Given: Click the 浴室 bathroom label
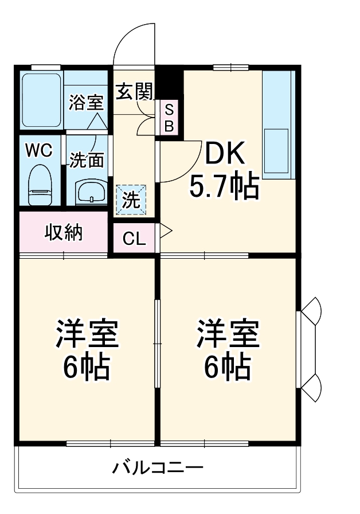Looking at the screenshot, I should (86, 103).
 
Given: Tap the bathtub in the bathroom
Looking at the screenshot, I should (41, 100).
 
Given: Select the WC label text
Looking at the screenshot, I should (39, 150).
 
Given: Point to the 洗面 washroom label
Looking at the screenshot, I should (87, 160).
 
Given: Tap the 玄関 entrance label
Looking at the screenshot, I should (135, 91).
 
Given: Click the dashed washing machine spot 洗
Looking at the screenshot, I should (132, 200).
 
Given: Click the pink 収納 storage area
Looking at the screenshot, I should (64, 232).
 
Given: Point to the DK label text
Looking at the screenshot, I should (224, 153).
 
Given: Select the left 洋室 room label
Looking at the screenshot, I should (86, 334).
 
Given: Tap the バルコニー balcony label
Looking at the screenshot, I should (157, 467).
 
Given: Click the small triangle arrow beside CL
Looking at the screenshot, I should (166, 232).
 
